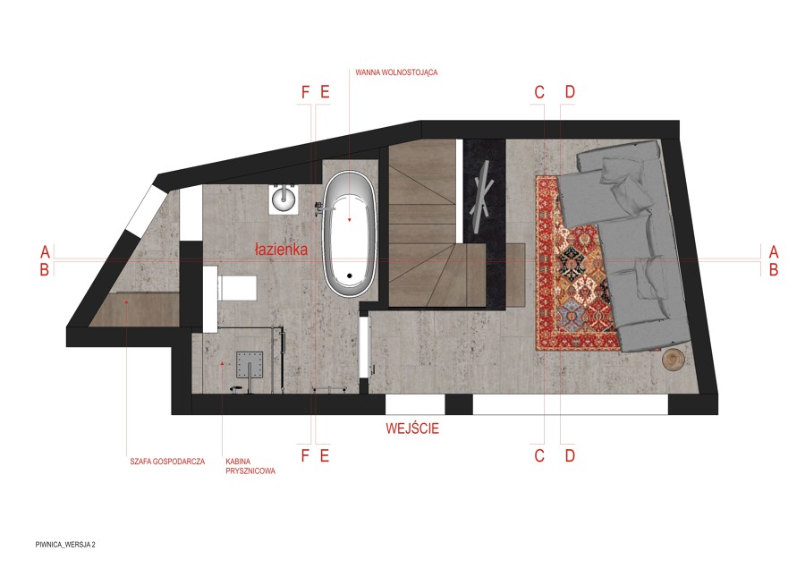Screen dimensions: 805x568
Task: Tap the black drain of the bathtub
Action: (x=350, y=276)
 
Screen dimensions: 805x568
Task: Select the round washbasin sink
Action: (x=283, y=198)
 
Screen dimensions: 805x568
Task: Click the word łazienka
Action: (x=282, y=250)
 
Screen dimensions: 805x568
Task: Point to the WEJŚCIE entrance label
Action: (x=412, y=428)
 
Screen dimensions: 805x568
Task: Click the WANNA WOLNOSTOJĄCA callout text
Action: (x=396, y=72)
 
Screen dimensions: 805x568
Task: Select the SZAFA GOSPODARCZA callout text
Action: (x=167, y=462)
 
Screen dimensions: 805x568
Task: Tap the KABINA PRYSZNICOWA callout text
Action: (x=250, y=466)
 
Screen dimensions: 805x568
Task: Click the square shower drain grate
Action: (x=250, y=365)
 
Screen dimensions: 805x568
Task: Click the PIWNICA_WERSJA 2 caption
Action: (x=65, y=545)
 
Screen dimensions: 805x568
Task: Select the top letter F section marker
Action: (x=305, y=92)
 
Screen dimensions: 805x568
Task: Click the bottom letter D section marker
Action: (x=570, y=455)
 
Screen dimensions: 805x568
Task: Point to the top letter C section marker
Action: (x=539, y=92)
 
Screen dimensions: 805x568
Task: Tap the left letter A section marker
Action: (x=46, y=251)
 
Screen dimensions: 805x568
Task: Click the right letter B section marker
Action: (x=774, y=269)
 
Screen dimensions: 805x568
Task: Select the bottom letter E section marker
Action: (x=324, y=455)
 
